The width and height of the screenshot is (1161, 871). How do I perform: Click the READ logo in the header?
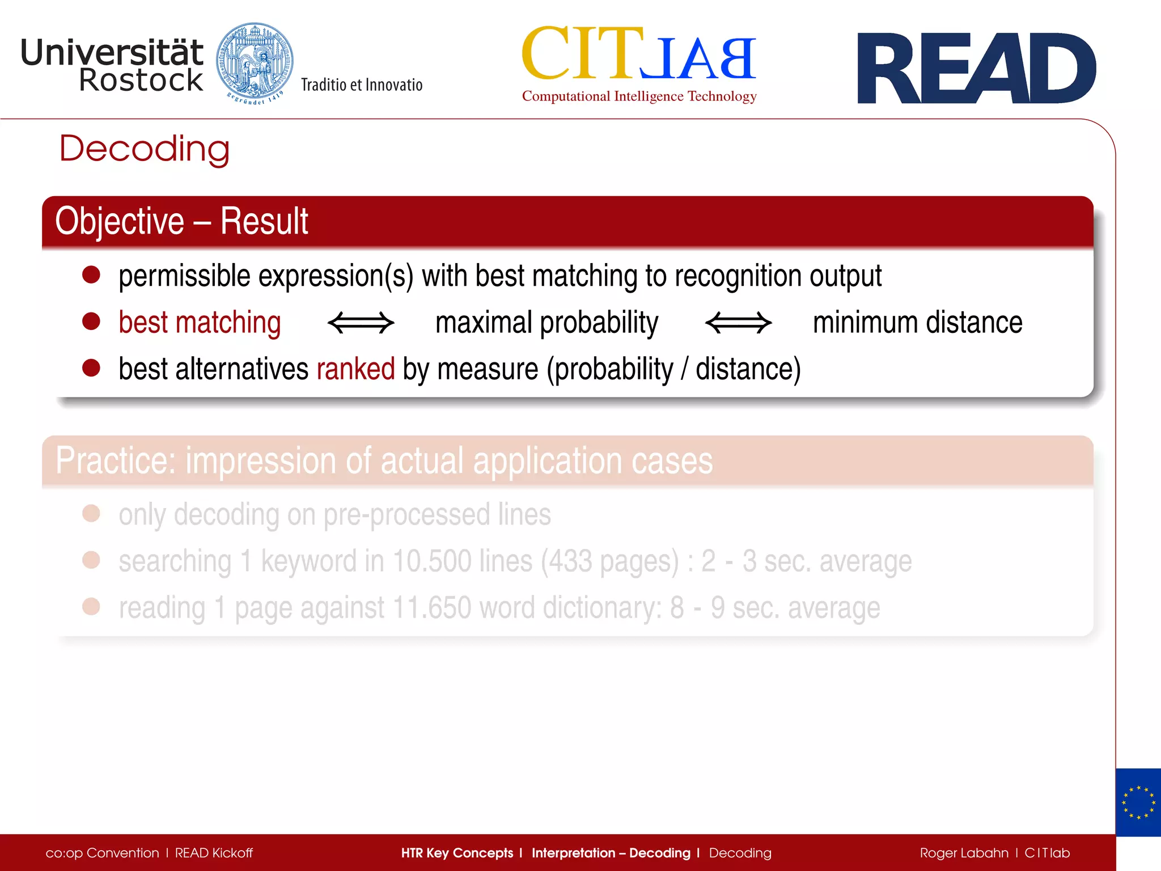pos(976,69)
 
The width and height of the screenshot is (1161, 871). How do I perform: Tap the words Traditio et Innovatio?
pos(362,85)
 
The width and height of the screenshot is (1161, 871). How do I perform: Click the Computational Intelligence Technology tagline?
pos(639,96)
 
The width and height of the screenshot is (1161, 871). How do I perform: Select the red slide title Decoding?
pos(145,149)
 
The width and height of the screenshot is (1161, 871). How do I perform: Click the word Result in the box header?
pos(264,221)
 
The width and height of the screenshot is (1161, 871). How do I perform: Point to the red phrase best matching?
pos(200,323)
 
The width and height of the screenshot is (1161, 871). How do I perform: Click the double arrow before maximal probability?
pos(361,323)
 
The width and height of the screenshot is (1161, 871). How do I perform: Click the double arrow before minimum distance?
pos(738,323)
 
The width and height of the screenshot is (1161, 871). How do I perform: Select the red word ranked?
pos(355,369)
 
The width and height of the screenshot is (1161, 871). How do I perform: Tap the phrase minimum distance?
pos(917,323)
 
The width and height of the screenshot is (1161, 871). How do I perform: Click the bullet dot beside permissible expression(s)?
pos(91,275)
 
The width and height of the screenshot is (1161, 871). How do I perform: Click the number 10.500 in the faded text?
pos(432,561)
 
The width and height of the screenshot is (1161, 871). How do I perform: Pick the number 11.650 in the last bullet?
pos(431,608)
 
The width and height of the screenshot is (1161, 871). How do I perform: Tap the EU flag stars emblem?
pos(1138,802)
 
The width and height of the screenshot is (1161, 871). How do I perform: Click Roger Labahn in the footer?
pos(964,853)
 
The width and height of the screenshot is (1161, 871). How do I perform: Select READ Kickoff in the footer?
pos(214,853)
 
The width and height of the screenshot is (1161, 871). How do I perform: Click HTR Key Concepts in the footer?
pos(457,853)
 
